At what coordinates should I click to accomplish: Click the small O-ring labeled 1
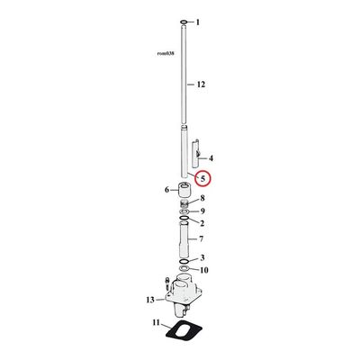184,22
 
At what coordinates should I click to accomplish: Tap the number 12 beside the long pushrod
201,85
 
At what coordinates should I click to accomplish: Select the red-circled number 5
203,178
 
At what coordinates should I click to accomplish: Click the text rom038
166,54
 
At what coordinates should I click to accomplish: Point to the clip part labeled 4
195,153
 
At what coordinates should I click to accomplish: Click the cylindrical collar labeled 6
184,190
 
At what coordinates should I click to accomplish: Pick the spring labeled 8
184,203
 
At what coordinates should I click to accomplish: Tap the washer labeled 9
184,212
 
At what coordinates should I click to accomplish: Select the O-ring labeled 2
184,217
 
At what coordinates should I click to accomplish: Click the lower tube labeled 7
184,240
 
